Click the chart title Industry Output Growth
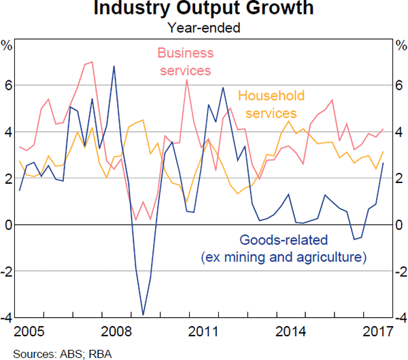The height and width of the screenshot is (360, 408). pyautogui.click(x=204, y=10)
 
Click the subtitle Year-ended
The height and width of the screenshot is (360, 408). pyautogui.click(x=204, y=28)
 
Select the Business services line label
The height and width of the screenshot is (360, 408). pyautogui.click(x=185, y=61)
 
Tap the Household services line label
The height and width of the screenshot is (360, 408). pyautogui.click(x=271, y=104)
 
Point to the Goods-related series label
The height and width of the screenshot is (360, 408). pyautogui.click(x=283, y=248)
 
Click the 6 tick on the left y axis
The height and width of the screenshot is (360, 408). pyautogui.click(x=7, y=86)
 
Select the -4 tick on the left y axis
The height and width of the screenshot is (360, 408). pyautogui.click(x=6, y=318)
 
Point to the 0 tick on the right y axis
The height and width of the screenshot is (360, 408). pyautogui.click(x=400, y=225)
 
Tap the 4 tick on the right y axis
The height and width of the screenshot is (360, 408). pyautogui.click(x=400, y=132)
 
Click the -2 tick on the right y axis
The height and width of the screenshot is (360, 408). pyautogui.click(x=398, y=272)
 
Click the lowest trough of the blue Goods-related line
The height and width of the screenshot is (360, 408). pyautogui.click(x=143, y=314)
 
